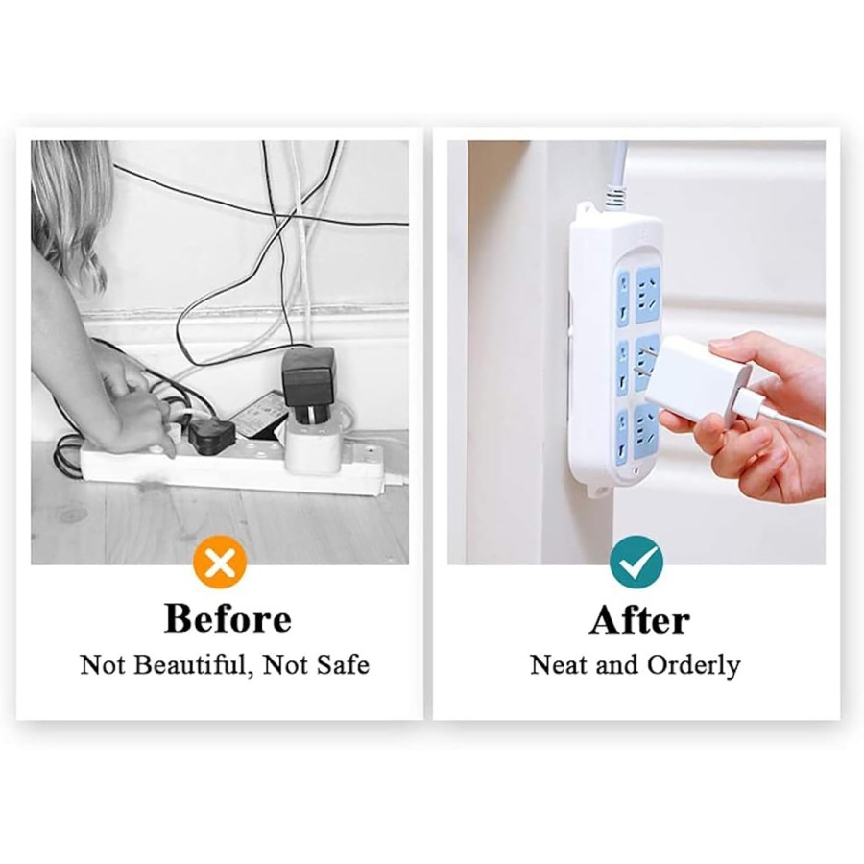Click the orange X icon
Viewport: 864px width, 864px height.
220,563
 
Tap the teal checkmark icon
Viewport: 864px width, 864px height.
636,563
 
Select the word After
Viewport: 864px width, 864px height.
639,620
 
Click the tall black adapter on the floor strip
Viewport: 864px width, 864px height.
309,377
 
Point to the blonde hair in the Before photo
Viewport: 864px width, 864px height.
71,206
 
